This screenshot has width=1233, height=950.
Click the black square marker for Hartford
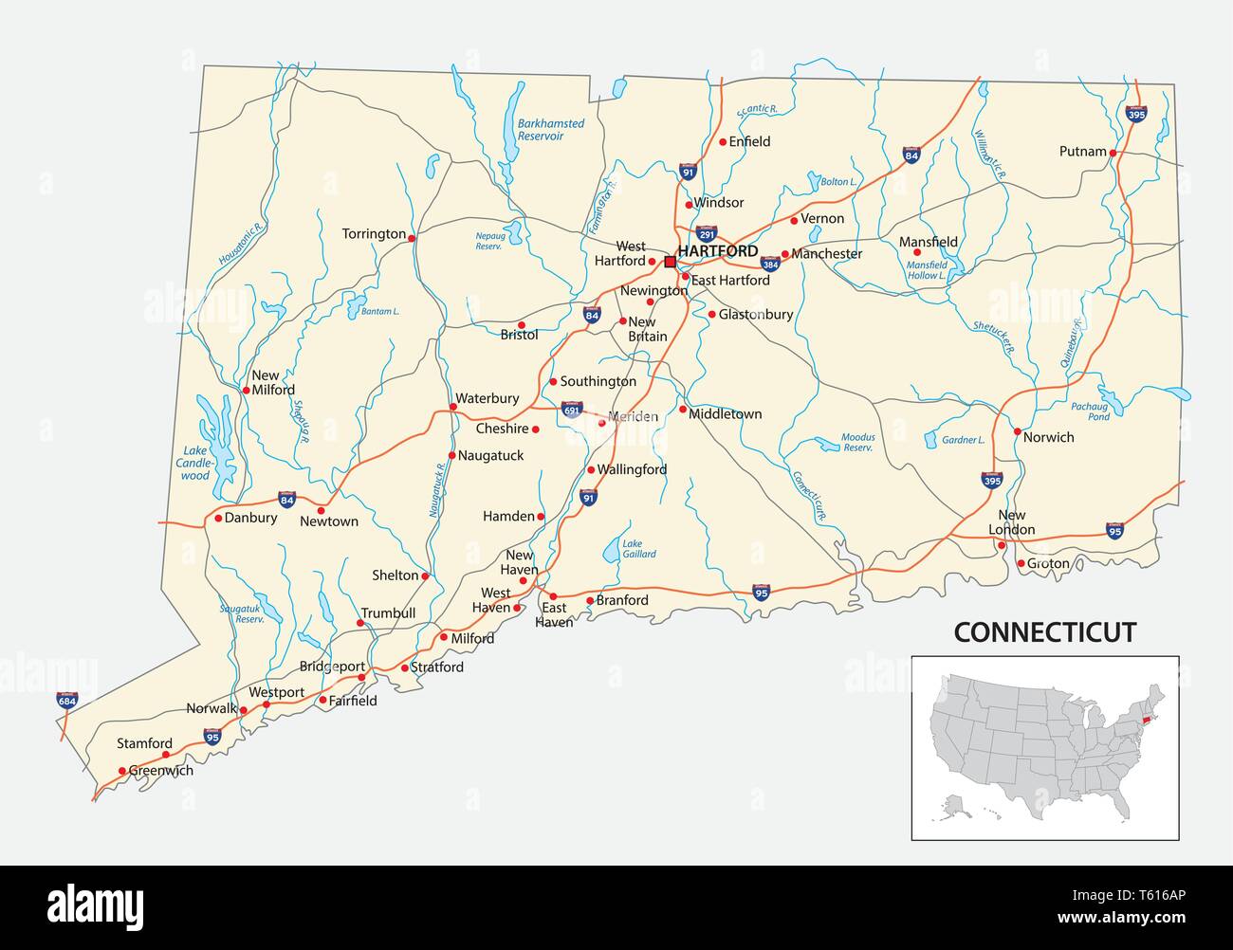point(670,262)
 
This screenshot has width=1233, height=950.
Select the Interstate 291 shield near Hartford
point(706,232)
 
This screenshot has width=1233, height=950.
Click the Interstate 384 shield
point(770,264)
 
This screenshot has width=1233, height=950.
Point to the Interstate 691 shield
point(571,410)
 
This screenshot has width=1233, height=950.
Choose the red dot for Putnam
point(1113,152)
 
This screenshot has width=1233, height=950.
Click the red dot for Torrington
point(412,238)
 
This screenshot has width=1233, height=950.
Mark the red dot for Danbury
point(217,519)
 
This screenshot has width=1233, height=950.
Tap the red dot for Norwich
point(1017,431)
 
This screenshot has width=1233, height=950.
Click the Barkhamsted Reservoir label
point(550,130)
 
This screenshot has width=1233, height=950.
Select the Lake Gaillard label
point(638,549)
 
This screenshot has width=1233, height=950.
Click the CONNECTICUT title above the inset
point(1044,632)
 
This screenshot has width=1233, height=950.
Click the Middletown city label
point(725,414)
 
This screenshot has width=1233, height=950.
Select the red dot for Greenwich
point(121,771)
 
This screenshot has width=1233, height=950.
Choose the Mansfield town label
point(928,242)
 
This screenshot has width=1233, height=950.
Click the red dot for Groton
point(1021,564)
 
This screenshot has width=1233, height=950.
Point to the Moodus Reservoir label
point(857,443)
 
